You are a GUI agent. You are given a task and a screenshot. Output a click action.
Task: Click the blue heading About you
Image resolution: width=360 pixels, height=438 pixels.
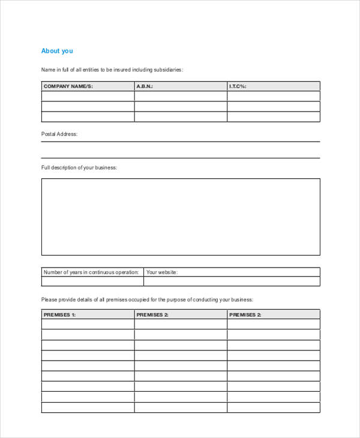56,51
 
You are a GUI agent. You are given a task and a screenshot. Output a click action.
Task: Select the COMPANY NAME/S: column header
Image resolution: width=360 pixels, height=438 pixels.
68,86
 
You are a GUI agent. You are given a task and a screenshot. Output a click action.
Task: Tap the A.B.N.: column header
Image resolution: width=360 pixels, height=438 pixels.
145,86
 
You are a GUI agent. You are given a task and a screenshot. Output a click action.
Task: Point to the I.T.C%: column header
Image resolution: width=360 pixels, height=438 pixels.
238,86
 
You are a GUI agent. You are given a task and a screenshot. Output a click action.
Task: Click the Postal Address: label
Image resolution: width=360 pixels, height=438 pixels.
59,134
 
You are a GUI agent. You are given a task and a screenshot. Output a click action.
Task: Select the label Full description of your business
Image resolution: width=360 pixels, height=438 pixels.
79,167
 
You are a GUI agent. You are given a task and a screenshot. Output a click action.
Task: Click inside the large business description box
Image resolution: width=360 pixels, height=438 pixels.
180,217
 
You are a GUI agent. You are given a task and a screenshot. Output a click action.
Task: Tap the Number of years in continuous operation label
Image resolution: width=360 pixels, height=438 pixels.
92,272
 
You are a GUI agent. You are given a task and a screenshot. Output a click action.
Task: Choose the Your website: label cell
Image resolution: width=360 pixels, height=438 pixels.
162,272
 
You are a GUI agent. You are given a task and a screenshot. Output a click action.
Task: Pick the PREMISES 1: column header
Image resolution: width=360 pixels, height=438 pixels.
59,314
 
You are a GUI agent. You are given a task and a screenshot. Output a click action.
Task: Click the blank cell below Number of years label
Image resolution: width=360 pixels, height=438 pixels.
92,281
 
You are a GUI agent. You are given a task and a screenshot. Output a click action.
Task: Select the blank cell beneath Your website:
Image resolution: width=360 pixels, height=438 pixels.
232,281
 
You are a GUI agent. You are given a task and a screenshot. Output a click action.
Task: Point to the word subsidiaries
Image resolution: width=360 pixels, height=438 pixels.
168,70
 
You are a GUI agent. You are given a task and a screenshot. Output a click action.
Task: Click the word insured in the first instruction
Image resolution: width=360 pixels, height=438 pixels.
116,70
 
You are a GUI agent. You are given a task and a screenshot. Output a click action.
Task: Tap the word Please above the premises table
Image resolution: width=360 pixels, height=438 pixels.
49,299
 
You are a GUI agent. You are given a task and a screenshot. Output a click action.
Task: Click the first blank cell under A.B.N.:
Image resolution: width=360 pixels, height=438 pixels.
181,96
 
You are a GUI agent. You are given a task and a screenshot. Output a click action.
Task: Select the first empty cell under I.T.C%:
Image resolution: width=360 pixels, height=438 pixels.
274,96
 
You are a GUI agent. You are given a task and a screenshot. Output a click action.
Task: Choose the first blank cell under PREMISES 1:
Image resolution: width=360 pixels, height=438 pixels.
88,325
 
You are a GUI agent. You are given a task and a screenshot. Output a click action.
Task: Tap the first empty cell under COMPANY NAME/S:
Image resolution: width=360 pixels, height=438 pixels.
88,96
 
